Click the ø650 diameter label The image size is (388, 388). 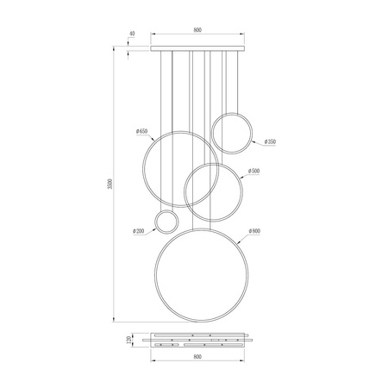[143, 130]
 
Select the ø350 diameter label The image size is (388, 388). [270, 141]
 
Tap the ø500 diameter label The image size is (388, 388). [253, 172]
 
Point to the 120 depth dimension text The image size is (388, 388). [130, 339]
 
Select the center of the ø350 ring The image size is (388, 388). [232, 133]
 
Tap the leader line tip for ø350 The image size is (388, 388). [251, 140]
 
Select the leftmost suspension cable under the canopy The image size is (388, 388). [161, 95]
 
